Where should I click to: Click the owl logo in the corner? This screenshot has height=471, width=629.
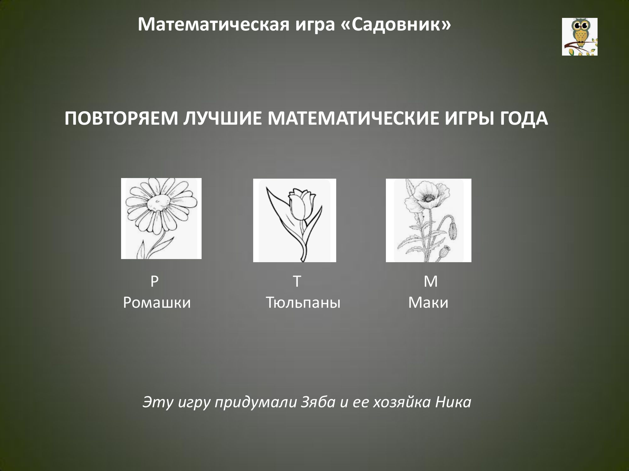580,37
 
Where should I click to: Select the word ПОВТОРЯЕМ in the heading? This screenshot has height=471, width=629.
121,119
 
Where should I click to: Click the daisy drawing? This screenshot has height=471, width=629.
161,219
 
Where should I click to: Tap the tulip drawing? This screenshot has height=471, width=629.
295,220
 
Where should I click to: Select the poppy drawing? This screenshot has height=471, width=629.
429,220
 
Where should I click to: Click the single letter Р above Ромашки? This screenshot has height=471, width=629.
154,282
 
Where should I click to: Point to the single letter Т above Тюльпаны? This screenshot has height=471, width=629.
297,282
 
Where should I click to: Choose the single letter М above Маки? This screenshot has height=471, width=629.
431,282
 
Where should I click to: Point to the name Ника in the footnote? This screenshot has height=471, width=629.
453,402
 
